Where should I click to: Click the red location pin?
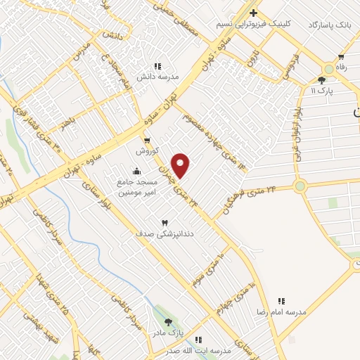pos(181,166)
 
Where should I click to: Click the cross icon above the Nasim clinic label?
pos(254,13)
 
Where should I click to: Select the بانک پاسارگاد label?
pos(328,25)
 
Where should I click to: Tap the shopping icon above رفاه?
pos(341,57)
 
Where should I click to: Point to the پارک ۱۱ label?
pos(323,91)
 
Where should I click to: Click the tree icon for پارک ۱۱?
pos(321,80)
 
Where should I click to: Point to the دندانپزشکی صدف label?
pos(165,231)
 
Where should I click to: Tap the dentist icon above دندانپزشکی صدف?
pos(165,221)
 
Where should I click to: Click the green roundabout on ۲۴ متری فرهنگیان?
pos(300,186)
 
